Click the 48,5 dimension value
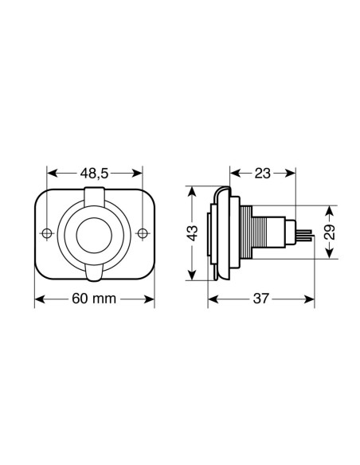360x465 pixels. (94, 174)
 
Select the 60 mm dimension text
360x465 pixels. (94, 299)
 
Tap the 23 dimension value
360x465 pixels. (263, 174)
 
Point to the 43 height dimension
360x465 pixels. (193, 233)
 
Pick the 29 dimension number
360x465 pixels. (330, 232)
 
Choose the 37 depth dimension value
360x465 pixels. (261, 299)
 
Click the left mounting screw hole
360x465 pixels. (47, 233)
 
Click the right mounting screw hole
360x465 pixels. (143, 233)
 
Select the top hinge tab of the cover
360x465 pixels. (94, 197)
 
